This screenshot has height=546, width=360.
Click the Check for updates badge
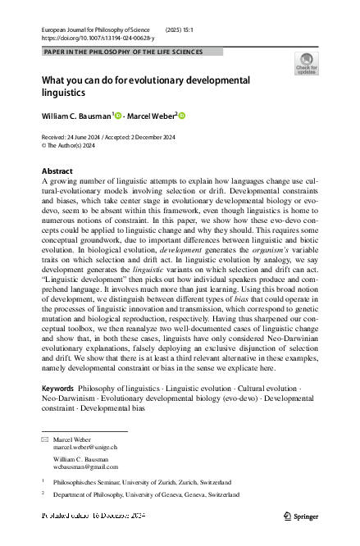click(x=307, y=64)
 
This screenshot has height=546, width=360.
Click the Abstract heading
click(x=57, y=171)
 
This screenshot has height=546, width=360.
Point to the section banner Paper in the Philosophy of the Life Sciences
click(x=132, y=51)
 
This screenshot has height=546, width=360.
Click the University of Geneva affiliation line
click(x=151, y=495)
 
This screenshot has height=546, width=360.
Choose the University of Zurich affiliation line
click(x=144, y=482)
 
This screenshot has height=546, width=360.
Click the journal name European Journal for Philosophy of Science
click(x=96, y=30)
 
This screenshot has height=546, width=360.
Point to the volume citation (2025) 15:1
click(x=183, y=30)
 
